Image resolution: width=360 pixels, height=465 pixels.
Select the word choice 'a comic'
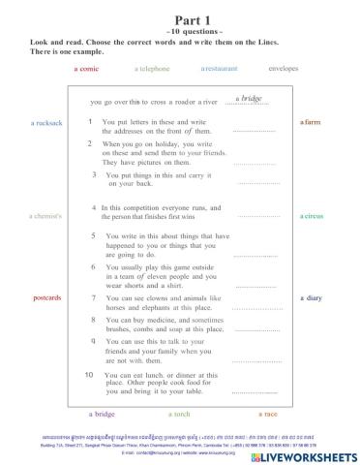point(87,70)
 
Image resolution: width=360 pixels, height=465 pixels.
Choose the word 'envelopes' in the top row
point(283,70)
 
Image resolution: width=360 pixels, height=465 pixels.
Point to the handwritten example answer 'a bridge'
point(249,98)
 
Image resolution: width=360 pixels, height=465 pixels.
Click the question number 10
point(89,374)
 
